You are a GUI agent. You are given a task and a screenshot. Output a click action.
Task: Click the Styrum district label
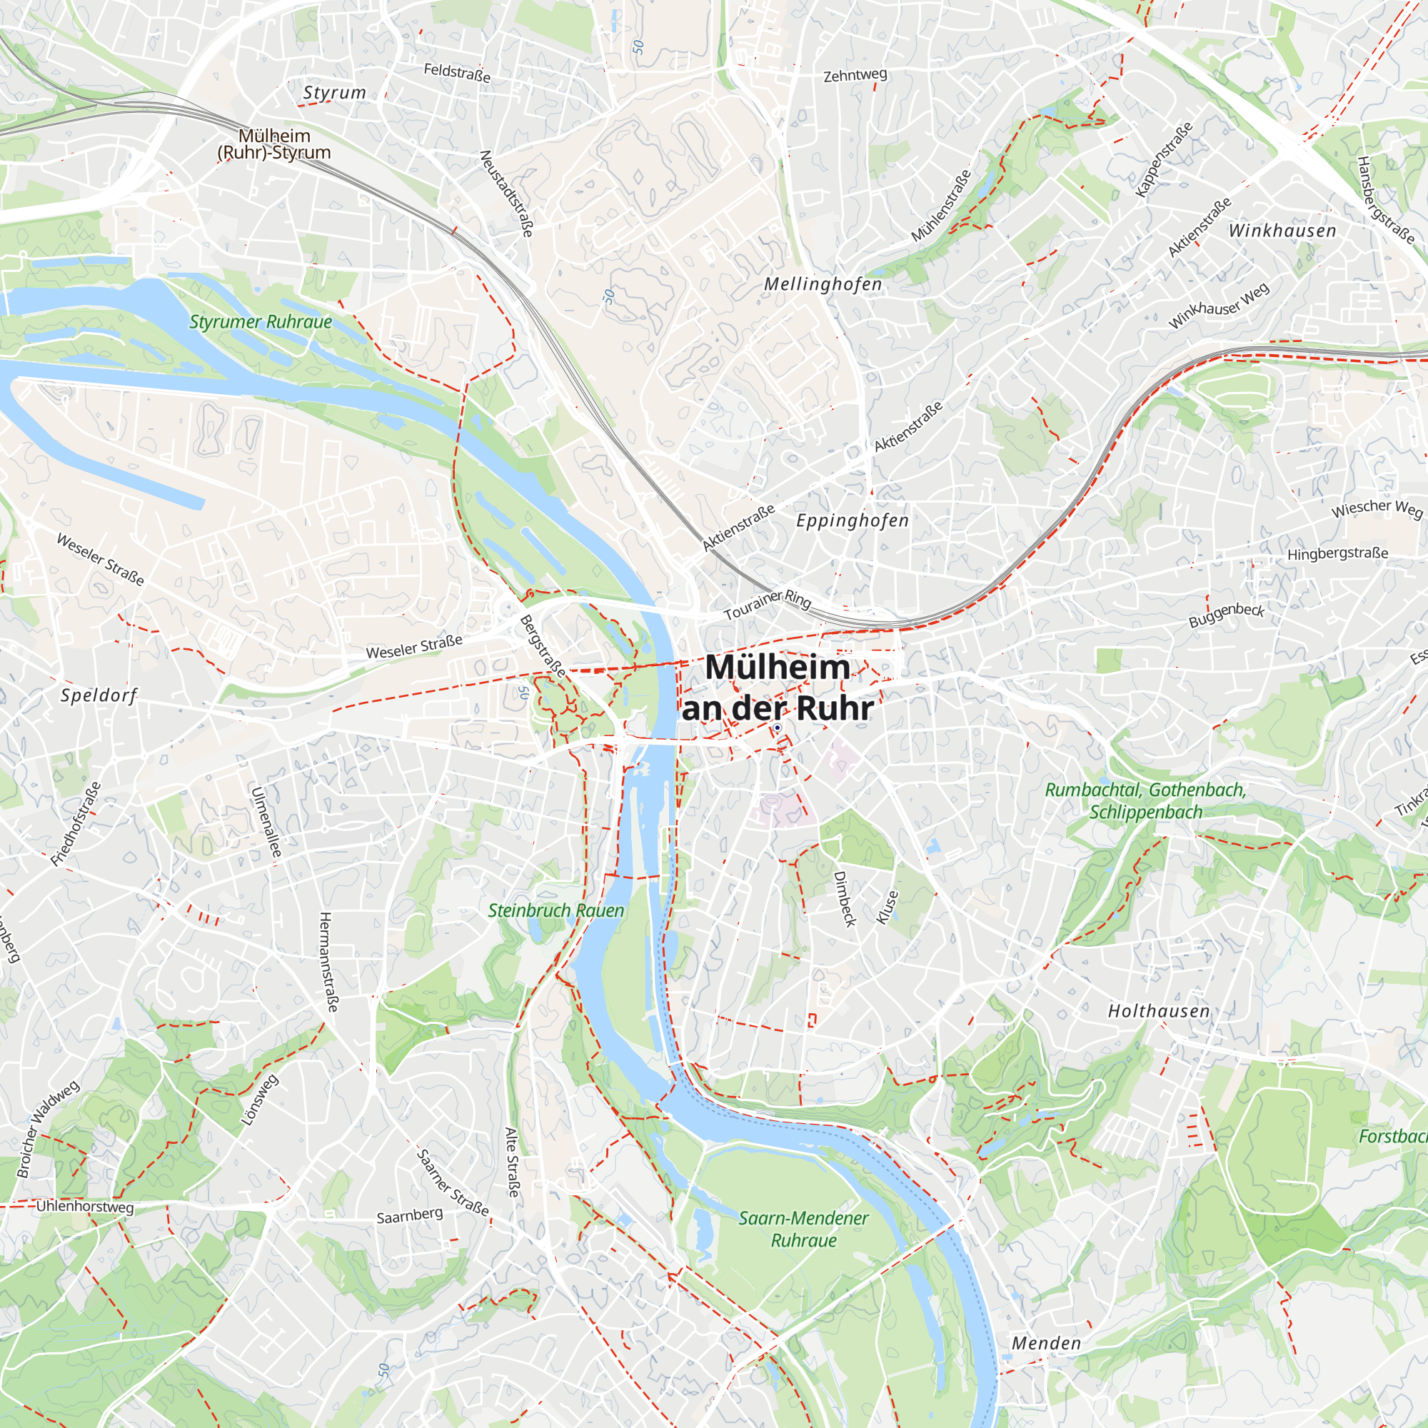click(334, 92)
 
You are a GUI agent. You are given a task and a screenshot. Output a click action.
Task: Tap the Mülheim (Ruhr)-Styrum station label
click(274, 144)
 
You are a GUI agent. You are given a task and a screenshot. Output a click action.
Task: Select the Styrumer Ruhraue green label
click(260, 321)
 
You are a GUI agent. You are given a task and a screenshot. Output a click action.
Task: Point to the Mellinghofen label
click(823, 284)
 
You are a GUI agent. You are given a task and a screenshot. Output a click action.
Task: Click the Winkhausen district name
click(1282, 231)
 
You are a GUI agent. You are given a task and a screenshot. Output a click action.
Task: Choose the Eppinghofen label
click(853, 521)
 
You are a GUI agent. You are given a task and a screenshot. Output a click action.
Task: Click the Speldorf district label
click(99, 695)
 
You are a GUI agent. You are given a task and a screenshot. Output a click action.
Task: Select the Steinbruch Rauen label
click(555, 910)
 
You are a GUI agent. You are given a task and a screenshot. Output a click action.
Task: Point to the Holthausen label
click(1158, 1011)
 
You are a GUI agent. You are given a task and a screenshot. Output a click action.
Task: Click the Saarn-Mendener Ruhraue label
click(803, 1230)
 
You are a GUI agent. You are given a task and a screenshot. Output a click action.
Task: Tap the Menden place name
click(1046, 1343)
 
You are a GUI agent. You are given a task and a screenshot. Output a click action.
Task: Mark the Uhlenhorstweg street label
click(85, 1206)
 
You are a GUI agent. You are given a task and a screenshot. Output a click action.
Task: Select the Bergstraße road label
click(543, 646)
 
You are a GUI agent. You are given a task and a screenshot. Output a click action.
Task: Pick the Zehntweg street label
click(855, 75)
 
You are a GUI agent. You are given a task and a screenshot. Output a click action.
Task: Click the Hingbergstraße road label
click(1337, 553)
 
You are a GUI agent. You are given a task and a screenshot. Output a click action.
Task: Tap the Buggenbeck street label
click(1226, 615)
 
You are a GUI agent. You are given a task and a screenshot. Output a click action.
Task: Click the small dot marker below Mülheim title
click(778, 728)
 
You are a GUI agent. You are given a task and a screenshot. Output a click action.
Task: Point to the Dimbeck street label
click(844, 899)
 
